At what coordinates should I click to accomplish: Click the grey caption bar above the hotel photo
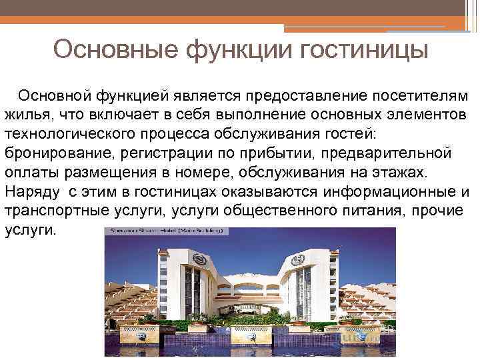(167, 231)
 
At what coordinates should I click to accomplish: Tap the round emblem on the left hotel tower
(198, 257)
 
